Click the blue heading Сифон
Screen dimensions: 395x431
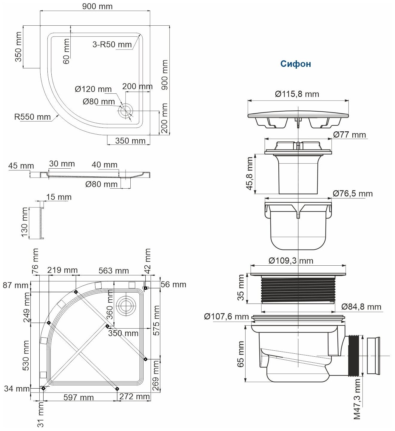[x=295, y=64]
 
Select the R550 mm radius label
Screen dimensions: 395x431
[x=33, y=117]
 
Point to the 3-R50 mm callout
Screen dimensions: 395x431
[x=112, y=45]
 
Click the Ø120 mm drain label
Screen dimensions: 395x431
[x=93, y=89]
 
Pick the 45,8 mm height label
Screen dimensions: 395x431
[x=250, y=174]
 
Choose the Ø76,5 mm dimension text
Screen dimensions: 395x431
[x=353, y=194]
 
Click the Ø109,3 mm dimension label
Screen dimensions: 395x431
[x=291, y=261]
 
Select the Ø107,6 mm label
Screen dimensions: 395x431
[x=226, y=316]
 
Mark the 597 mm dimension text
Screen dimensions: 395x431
[x=78, y=398]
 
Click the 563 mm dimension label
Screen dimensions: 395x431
[x=114, y=271]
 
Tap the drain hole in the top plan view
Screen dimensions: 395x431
[x=126, y=111]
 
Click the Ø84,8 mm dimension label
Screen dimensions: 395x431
[x=361, y=307]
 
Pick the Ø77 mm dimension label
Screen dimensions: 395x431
[x=349, y=135]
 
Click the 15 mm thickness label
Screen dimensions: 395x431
[x=59, y=197]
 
